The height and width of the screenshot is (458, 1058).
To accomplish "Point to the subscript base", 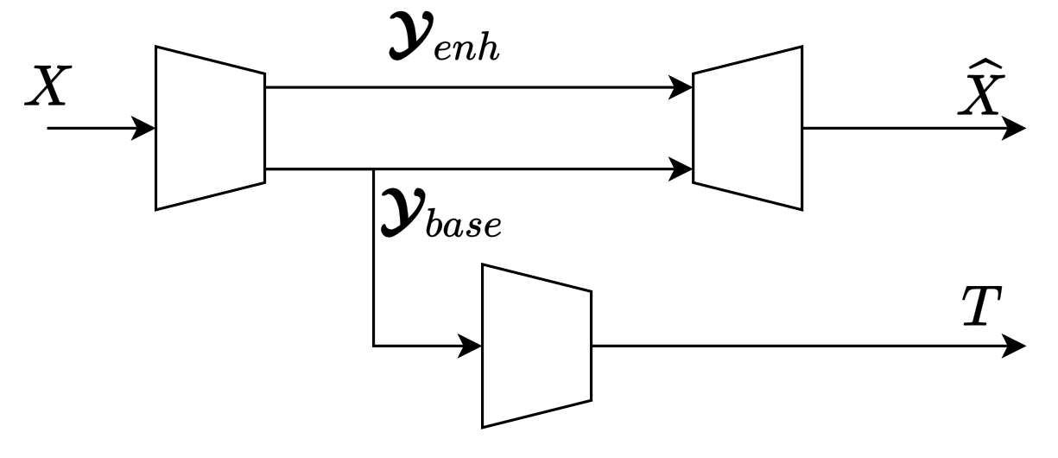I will [465, 226].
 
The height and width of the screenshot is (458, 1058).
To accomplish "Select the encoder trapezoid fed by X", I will [210, 128].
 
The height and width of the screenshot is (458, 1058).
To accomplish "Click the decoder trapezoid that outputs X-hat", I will [748, 128].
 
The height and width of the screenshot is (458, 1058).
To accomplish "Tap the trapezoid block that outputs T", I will [536, 346].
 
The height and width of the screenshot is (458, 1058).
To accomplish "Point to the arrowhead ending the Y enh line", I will [682, 86].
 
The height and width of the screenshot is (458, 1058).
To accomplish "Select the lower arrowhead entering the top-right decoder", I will [682, 169].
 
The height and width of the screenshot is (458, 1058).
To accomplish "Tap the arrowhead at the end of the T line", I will [1016, 347].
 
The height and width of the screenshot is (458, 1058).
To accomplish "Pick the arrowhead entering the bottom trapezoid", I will [472, 347].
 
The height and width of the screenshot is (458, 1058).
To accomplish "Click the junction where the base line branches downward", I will [373, 169].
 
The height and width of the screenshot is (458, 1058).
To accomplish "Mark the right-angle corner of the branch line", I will [373, 347].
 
